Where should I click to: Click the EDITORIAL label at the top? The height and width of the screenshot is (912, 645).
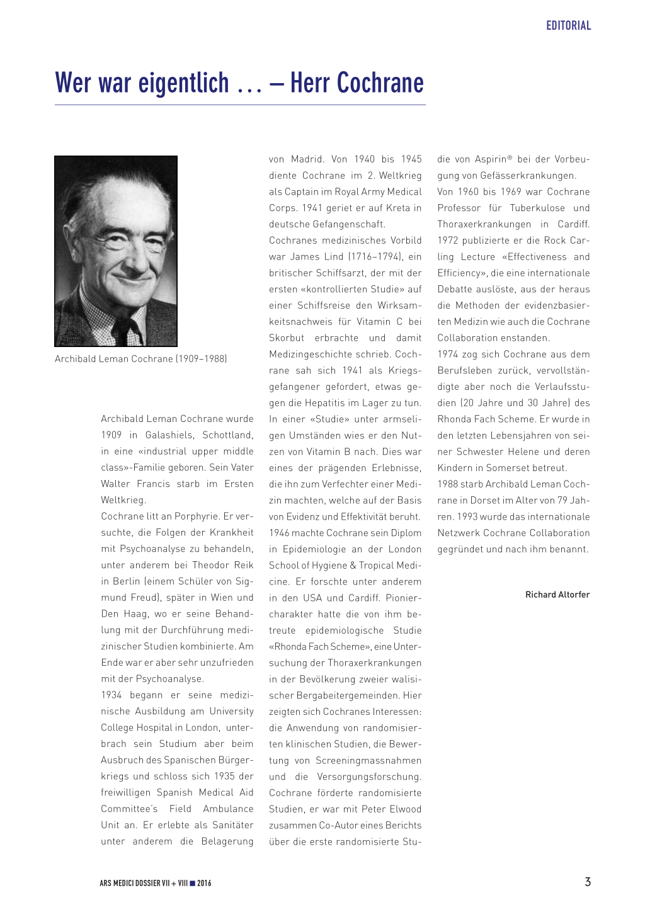click(568, 26)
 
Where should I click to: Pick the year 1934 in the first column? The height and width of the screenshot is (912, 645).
click(111, 695)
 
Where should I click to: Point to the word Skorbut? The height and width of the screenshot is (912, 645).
click(287, 338)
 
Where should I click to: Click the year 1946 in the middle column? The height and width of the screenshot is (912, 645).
click(279, 533)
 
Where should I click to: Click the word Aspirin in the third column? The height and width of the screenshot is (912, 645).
click(491, 159)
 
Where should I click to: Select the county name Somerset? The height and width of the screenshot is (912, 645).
click(516, 468)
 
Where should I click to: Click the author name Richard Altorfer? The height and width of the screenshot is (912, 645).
click(557, 595)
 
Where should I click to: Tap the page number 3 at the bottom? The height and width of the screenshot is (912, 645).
click(588, 882)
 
